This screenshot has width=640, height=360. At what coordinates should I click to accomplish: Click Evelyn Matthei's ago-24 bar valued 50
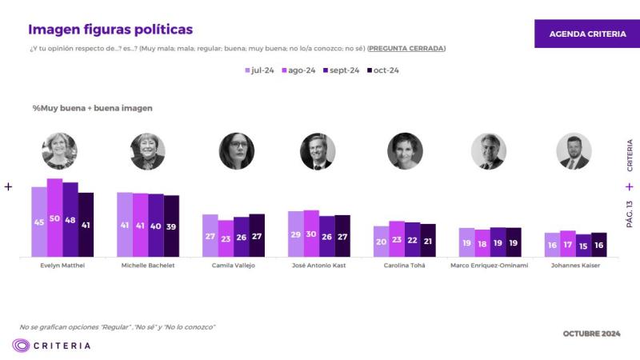click(54, 218)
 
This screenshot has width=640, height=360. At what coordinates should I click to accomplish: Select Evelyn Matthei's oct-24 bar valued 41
click(86, 225)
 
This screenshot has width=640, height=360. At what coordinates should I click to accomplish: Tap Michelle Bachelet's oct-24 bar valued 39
click(171, 226)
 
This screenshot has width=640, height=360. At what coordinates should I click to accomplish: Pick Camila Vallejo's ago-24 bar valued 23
click(226, 238)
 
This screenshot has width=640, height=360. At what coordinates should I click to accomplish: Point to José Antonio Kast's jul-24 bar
click(295, 234)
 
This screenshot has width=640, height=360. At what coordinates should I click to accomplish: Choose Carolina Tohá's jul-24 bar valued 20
click(381, 241)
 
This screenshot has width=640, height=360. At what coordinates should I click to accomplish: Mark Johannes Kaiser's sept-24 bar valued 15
click(583, 245)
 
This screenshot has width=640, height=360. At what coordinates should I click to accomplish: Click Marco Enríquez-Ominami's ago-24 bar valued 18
click(482, 242)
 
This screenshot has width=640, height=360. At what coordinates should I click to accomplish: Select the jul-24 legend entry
click(259, 70)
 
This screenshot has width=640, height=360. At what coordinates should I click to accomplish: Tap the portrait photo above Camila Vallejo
click(237, 151)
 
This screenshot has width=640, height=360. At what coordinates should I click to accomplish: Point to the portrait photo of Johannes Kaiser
click(574, 151)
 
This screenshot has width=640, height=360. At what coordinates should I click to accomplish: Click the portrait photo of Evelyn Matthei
click(59, 151)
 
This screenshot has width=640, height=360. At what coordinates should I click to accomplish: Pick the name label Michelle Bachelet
click(147, 265)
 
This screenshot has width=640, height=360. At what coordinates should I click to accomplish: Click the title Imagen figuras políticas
click(110, 30)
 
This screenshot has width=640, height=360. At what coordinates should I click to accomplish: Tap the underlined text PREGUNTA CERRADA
click(406, 48)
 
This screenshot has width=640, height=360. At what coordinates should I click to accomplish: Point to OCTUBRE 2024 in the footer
click(591, 333)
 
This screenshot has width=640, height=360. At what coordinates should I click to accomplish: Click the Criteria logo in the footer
click(51, 346)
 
